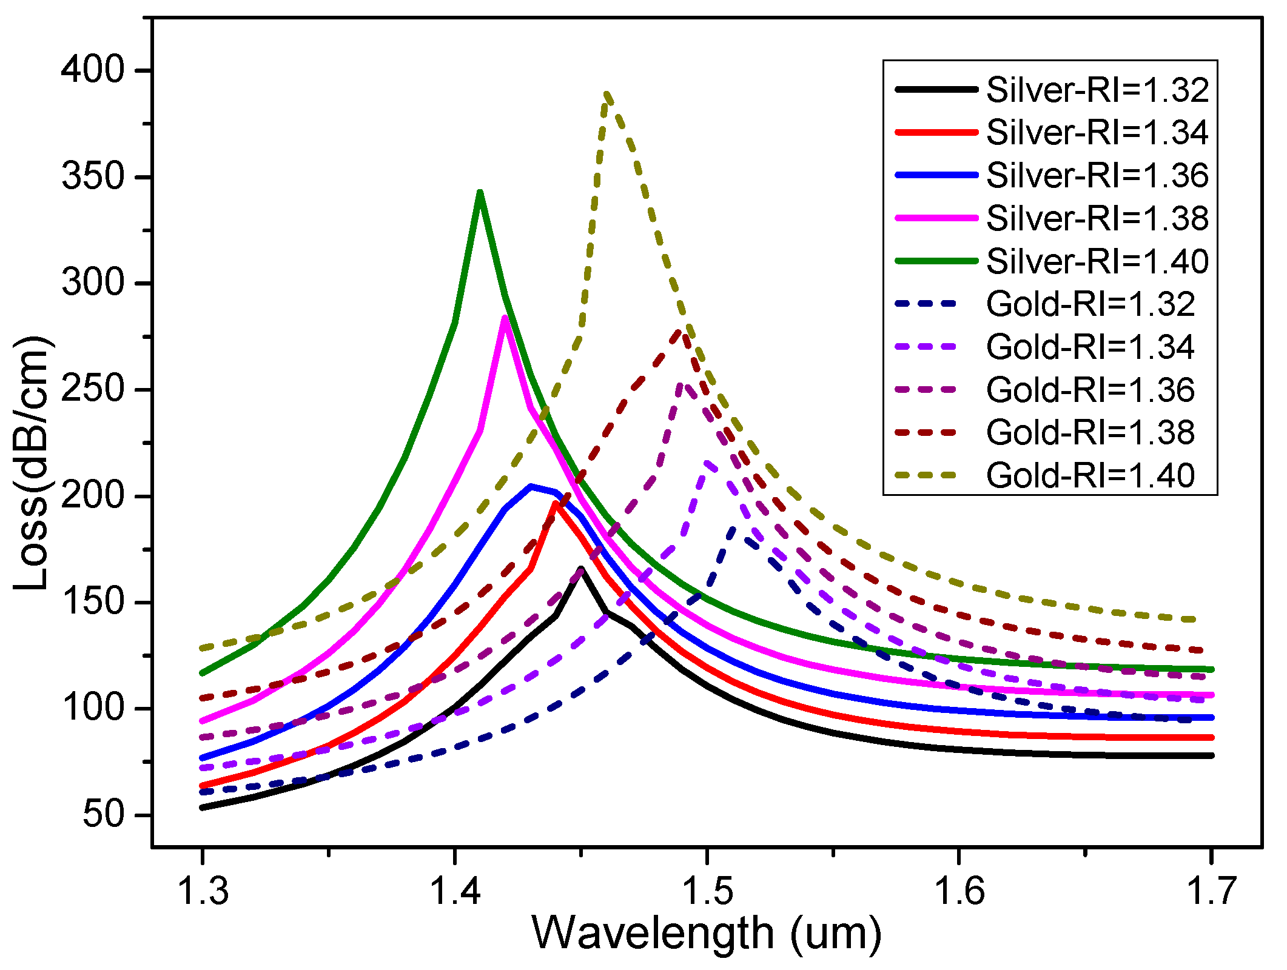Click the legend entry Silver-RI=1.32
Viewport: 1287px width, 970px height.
(1097, 90)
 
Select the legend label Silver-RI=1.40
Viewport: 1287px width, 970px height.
(1097, 261)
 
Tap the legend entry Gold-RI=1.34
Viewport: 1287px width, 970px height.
(1090, 347)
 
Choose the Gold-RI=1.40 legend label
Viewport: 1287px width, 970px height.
(1090, 475)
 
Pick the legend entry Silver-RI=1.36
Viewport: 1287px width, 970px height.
(1097, 175)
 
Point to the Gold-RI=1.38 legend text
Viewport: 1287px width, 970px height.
(1090, 432)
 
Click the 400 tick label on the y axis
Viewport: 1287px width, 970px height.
(92, 71)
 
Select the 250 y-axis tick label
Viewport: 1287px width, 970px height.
(92, 389)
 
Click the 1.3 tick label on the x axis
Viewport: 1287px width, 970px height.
(202, 892)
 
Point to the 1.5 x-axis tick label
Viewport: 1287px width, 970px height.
(706, 892)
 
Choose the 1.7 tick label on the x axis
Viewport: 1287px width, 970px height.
(1211, 892)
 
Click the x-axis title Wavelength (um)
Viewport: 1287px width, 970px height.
(707, 933)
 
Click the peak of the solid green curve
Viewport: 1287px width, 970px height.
(480, 193)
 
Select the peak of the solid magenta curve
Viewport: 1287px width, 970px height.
(505, 317)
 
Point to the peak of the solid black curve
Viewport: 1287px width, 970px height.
(581, 569)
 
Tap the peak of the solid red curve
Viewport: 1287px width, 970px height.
(556, 503)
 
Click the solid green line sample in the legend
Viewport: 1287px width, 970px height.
(936, 261)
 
